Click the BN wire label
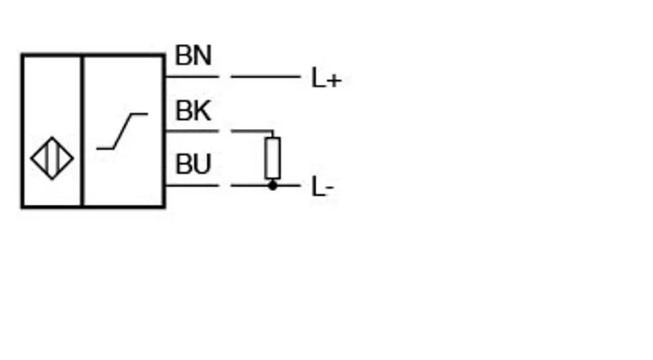(193, 56)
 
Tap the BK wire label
(193, 110)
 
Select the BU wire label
(193, 164)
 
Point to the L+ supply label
(326, 78)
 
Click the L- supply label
(322, 186)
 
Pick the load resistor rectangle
(273, 158)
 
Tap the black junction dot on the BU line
(273, 185)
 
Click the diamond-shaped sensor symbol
(52, 158)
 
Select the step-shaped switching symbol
(122, 131)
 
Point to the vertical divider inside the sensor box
(82, 131)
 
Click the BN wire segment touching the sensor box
(192, 77)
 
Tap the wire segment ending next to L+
(266, 77)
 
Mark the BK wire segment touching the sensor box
(192, 131)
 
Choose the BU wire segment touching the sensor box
(192, 185)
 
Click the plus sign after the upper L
(334, 81)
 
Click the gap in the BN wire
(225, 77)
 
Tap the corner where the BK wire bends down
(273, 131)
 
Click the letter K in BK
(202, 110)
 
